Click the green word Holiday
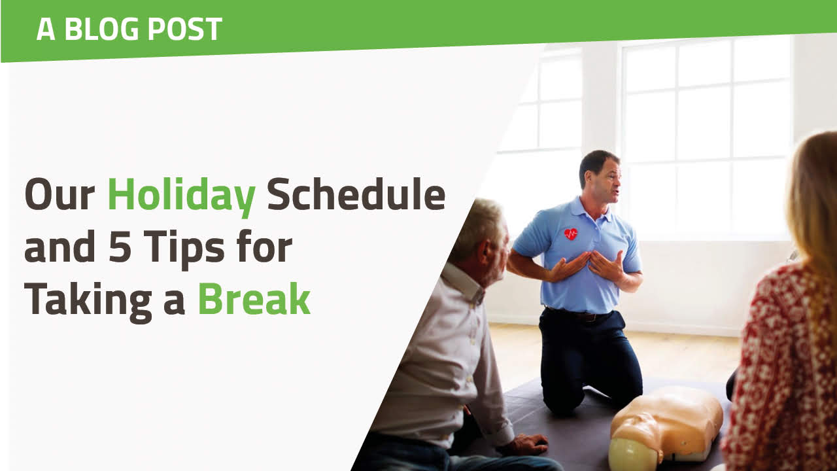181,195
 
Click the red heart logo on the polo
571,234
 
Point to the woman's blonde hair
814,196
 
